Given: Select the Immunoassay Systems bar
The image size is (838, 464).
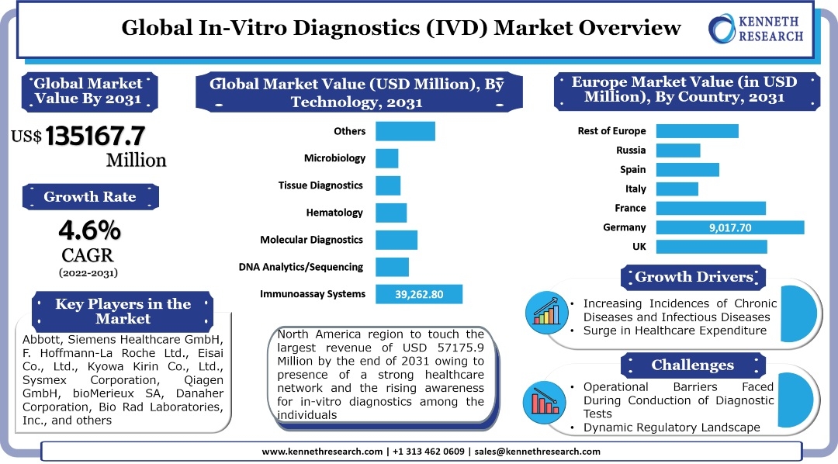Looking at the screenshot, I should click(419, 294).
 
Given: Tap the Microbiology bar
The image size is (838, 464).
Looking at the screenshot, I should click(386, 158).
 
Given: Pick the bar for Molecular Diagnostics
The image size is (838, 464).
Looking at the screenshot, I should click(396, 240).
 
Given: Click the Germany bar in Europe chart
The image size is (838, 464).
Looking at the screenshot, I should click(729, 227).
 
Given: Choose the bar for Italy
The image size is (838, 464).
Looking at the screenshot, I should click(677, 189).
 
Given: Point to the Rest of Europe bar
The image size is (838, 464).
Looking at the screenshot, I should click(697, 131).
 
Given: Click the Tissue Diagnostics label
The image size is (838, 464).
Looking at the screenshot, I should click(320, 185).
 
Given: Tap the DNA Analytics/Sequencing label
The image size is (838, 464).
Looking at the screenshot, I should click(301, 267).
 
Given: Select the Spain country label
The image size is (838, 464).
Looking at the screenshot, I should click(632, 169).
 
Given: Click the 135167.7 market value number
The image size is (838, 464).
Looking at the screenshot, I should click(95, 136).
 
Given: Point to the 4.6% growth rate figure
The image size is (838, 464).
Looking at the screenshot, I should click(89, 230).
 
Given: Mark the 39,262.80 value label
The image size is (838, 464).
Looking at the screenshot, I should click(419, 294).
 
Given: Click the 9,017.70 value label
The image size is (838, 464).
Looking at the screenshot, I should click(729, 227).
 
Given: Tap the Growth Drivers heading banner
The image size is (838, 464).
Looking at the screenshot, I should click(694, 277).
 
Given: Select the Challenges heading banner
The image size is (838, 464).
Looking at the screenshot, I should click(692, 365).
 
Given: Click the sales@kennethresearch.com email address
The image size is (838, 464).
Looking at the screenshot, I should click(536, 452).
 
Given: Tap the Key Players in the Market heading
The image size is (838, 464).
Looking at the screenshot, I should click(123, 311).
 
